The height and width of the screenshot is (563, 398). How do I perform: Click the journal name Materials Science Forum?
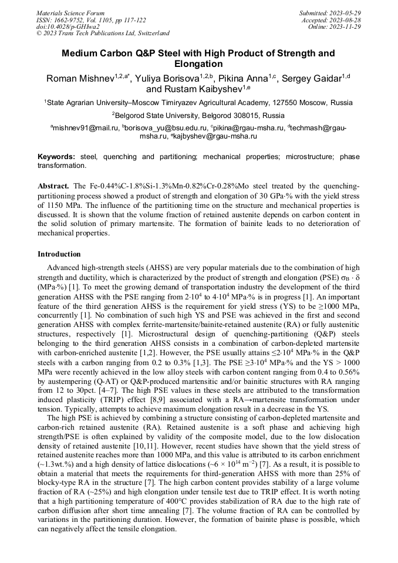pyautogui.click(x=70, y=12)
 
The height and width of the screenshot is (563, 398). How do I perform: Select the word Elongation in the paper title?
pyautogui.click(x=198, y=64)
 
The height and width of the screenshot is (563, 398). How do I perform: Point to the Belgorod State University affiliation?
pyautogui.click(x=164, y=115)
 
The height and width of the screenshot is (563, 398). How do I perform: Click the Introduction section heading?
pyautogui.click(x=59, y=254)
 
